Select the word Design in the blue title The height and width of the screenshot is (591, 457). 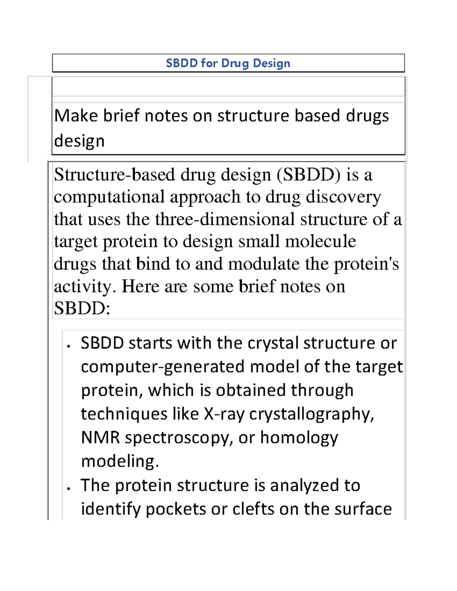point(271,63)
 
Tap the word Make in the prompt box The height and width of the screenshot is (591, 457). point(76,115)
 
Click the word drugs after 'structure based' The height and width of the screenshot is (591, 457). point(367,116)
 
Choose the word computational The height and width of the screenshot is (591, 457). point(109,197)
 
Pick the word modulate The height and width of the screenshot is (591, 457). point(264,264)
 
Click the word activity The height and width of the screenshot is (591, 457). point(84,287)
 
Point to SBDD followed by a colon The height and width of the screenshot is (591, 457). point(82,308)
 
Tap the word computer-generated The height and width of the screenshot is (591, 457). point(163,367)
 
